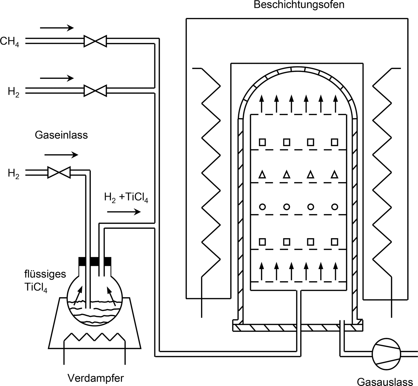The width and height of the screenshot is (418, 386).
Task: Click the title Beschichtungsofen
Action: [x=299, y=5]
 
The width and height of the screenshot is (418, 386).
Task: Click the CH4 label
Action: [x=10, y=41]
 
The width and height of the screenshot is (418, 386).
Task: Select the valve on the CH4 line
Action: [x=95, y=41]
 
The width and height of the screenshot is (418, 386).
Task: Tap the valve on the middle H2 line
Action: [x=95, y=90]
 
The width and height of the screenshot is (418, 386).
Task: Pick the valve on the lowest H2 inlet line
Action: [x=59, y=172]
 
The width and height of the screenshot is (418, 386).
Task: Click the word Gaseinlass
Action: [x=61, y=135]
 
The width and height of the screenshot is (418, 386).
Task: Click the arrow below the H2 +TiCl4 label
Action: [x=124, y=212]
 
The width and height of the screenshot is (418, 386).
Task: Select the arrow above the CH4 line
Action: [x=57, y=28]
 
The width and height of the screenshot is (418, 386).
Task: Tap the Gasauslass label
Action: [x=385, y=382]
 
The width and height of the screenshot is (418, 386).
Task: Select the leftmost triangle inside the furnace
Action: [x=262, y=175]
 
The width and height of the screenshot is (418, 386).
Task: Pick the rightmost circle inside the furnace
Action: [x=334, y=207]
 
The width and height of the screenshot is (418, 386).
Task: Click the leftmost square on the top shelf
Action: [x=262, y=142]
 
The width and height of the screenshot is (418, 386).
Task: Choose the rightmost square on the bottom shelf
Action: [x=334, y=241]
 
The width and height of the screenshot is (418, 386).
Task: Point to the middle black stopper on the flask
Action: [x=94, y=261]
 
